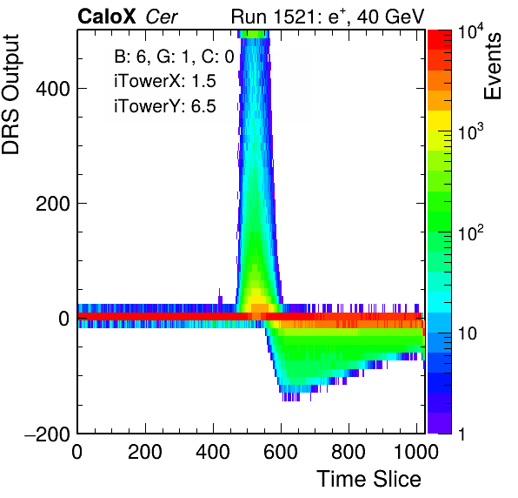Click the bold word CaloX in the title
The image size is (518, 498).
[107, 17]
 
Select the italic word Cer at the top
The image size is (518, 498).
[162, 17]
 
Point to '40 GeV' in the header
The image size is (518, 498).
[391, 17]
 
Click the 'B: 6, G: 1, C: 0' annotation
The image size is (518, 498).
[174, 57]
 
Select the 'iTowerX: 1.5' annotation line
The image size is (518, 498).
[165, 81]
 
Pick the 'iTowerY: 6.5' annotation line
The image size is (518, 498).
[165, 106]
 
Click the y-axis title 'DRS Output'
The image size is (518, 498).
[10, 94]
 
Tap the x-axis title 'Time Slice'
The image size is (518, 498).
[369, 479]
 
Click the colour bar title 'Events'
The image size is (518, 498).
[492, 66]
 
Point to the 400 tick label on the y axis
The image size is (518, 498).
[53, 89]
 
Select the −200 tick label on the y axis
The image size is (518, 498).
[47, 434]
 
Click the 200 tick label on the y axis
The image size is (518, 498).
[53, 204]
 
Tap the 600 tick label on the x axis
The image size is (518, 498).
[281, 452]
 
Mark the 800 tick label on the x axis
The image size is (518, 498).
[349, 452]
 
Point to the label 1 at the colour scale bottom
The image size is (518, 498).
[462, 434]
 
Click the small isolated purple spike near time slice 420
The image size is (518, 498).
[220, 297]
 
